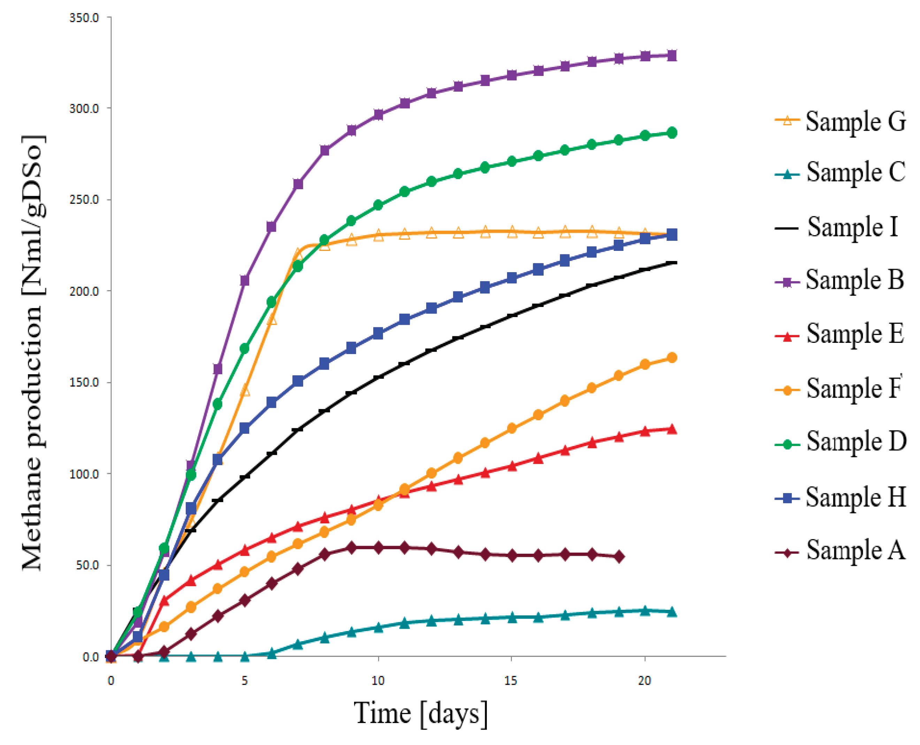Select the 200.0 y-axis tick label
point(84,291)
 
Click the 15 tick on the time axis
point(511,681)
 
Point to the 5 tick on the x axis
point(244,681)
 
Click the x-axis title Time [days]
point(421,714)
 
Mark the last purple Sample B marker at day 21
point(672,56)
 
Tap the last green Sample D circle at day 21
point(672,133)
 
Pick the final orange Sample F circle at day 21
point(672,358)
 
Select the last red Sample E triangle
point(672,429)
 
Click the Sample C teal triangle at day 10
point(378,628)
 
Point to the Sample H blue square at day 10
point(378,333)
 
